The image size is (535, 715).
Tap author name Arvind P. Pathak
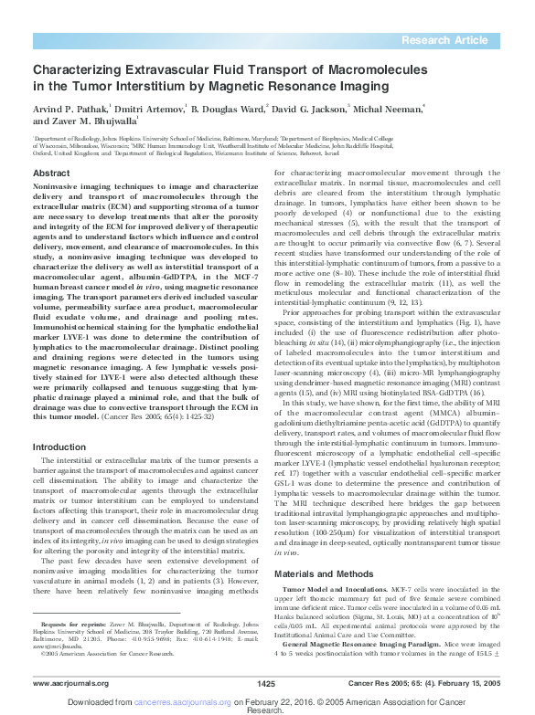[x=71, y=107]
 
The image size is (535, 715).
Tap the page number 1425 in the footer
[x=266, y=683]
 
